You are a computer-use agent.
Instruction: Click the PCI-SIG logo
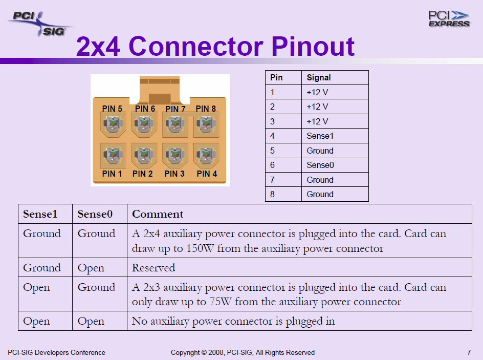39,24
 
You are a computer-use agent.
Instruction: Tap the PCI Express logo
449,19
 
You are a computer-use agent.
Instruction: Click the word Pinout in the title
313,46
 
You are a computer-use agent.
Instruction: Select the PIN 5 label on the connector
112,109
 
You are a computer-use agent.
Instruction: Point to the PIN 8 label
206,109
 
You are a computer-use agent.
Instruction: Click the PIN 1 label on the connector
112,174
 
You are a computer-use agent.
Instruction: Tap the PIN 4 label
207,174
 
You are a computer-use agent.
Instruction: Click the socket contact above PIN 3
175,155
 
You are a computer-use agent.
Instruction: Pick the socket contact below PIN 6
144,124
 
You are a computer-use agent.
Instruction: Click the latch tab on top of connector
160,90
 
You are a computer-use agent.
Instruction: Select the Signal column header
319,77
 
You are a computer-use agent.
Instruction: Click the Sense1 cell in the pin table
320,136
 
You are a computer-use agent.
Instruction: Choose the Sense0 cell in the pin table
320,165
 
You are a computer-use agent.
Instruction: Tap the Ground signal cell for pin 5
320,151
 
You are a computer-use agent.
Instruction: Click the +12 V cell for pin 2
317,107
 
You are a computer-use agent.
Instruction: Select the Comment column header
158,214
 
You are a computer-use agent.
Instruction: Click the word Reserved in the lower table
153,267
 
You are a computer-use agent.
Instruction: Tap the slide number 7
469,352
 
